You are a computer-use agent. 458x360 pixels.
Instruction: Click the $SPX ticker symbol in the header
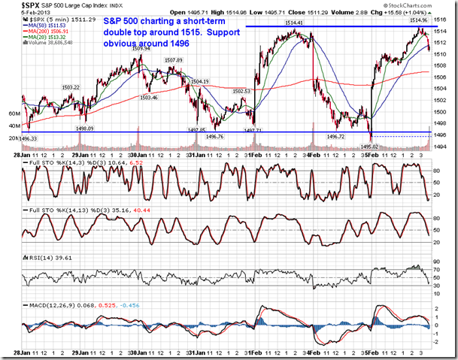[32, 7]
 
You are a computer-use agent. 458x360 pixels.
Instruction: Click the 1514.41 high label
[294, 23]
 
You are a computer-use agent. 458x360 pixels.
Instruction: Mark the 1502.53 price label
[243, 91]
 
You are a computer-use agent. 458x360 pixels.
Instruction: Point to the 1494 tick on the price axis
[441, 146]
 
